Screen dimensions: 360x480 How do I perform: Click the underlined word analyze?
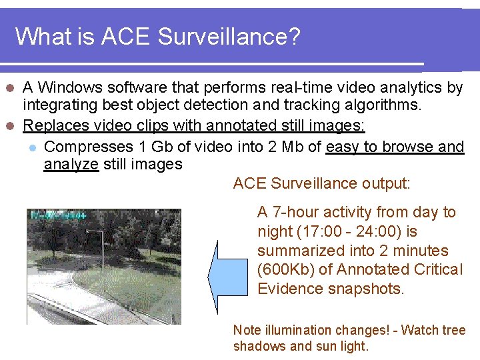(71, 164)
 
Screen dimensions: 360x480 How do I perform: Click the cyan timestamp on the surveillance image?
(57, 215)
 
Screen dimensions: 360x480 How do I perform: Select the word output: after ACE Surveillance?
(386, 183)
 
